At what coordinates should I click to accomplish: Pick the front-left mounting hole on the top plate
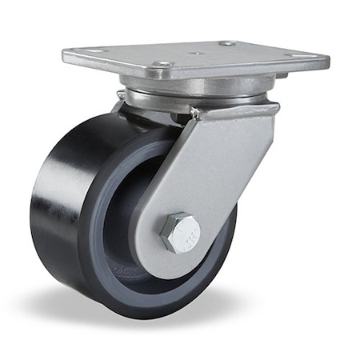163,64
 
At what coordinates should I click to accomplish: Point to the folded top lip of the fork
232,110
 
